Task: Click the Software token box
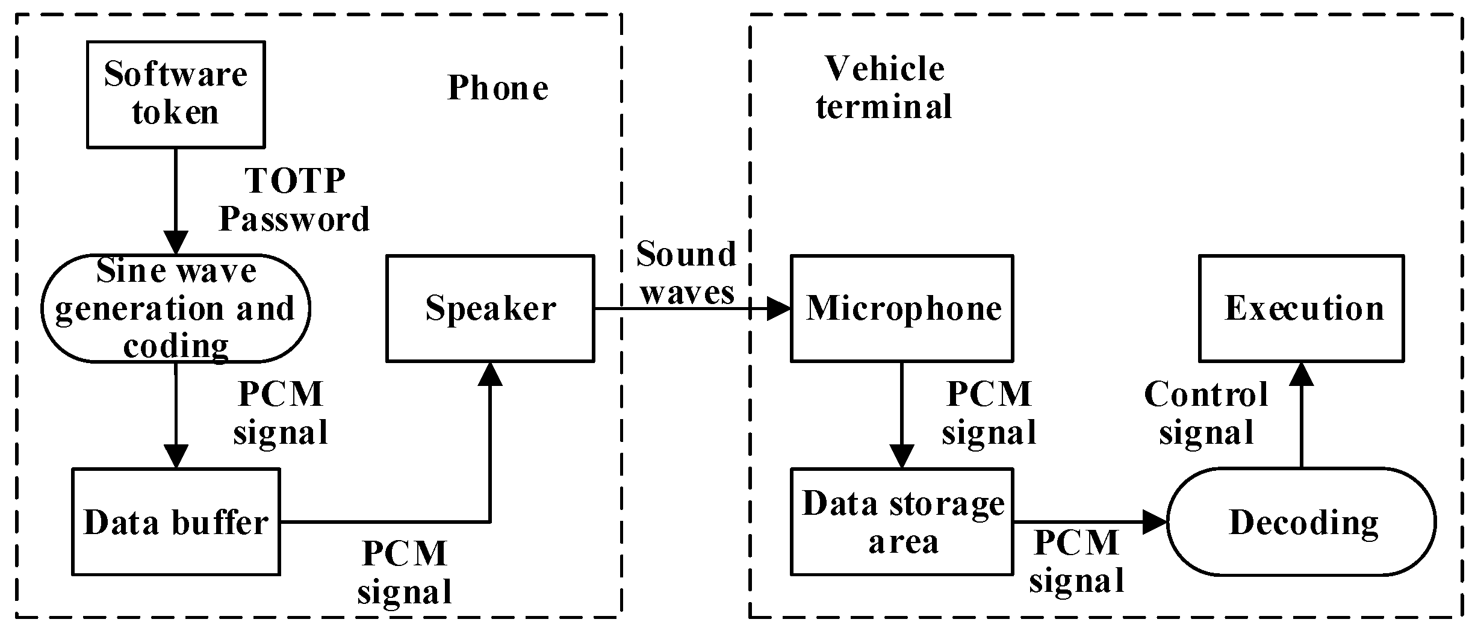pyautogui.click(x=175, y=94)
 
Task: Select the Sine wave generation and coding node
pyautogui.click(x=175, y=308)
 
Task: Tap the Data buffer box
pyautogui.click(x=175, y=521)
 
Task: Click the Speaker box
pyautogui.click(x=490, y=308)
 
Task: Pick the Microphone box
pyautogui.click(x=901, y=308)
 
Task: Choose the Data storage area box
pyautogui.click(x=901, y=521)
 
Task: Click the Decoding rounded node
pyautogui.click(x=1302, y=521)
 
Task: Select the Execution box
pyautogui.click(x=1302, y=308)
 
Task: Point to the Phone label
pyautogui.click(x=498, y=89)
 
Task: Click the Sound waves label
pyautogui.click(x=686, y=273)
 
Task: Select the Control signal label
pyautogui.click(x=1206, y=414)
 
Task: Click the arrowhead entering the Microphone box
pyautogui.click(x=779, y=309)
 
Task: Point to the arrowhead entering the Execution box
pyautogui.click(x=1302, y=374)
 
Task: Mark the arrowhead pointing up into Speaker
pyautogui.click(x=490, y=374)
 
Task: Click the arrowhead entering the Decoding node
pyautogui.click(x=1155, y=521)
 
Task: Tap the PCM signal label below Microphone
pyautogui.click(x=989, y=414)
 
